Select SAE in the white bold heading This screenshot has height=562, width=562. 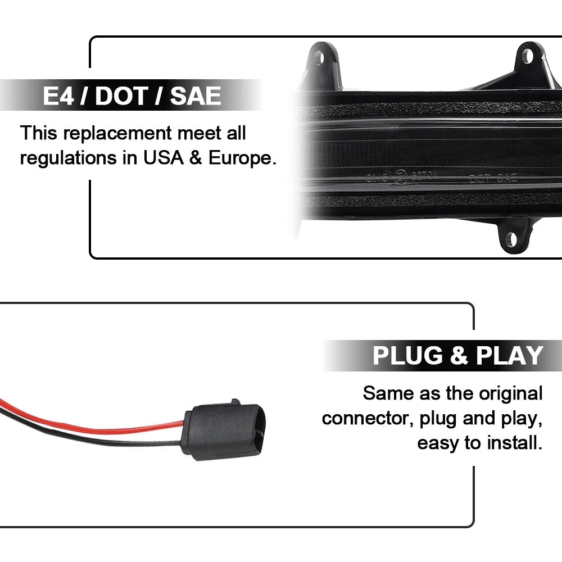pos(196,97)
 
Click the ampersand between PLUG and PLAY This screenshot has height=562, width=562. pos(460,356)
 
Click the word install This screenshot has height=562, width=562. pos(516,444)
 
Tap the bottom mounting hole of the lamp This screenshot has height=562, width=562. pos(510,239)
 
